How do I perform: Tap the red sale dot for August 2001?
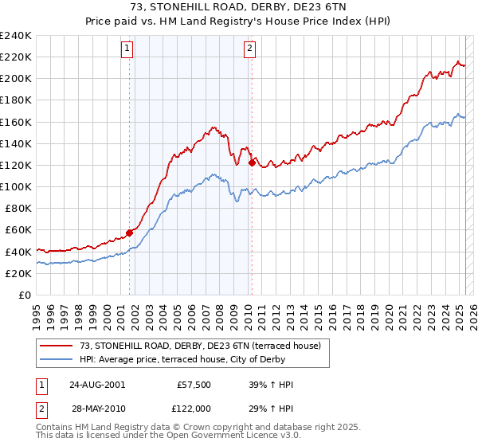129,233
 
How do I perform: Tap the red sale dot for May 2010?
252,163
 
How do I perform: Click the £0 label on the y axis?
25,295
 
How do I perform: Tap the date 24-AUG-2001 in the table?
97,384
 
